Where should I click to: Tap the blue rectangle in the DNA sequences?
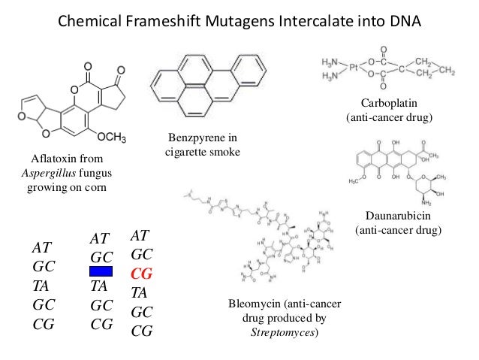click(101, 271)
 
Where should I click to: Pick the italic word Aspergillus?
click(47, 174)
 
